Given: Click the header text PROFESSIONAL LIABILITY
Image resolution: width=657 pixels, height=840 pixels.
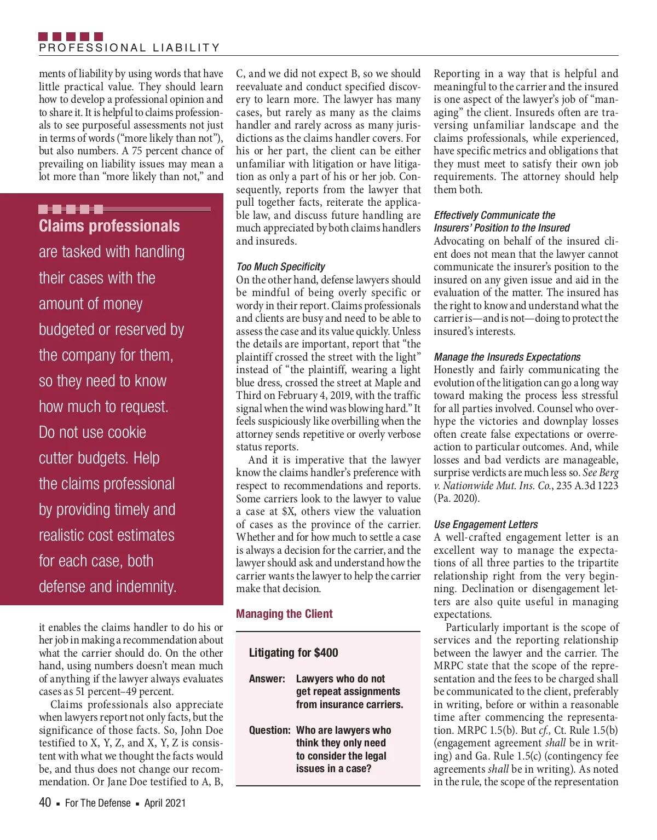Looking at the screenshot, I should pos(129,48).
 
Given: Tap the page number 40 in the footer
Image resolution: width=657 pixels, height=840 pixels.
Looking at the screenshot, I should pos(45,803).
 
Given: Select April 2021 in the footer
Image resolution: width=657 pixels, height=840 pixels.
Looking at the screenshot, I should pos(165,803).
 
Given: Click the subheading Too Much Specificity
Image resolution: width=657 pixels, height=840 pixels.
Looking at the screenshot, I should pos(280,267).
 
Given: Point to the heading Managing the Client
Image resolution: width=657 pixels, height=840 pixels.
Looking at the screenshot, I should pos(284,614).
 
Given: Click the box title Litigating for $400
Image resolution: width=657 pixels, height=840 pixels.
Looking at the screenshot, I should pos(293,653).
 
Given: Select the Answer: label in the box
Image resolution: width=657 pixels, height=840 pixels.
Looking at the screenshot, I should pos(267,679).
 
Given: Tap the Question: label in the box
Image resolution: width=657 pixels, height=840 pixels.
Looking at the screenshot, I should pos(269,731).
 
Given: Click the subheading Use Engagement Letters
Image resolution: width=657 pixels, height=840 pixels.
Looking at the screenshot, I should pos(486,525).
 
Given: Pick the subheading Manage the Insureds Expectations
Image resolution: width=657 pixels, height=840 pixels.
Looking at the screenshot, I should pos(507,357).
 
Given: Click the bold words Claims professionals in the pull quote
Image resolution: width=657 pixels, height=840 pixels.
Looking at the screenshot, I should pos(109,226).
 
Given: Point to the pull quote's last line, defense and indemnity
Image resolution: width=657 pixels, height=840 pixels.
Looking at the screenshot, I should pos(107,587).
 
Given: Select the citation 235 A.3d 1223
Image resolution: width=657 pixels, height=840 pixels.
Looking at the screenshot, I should pos(587,486).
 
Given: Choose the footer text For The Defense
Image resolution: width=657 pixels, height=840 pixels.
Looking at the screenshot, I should pos(97,803).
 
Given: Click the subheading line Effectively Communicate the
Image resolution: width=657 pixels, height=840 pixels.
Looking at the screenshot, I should pos(494,216).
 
